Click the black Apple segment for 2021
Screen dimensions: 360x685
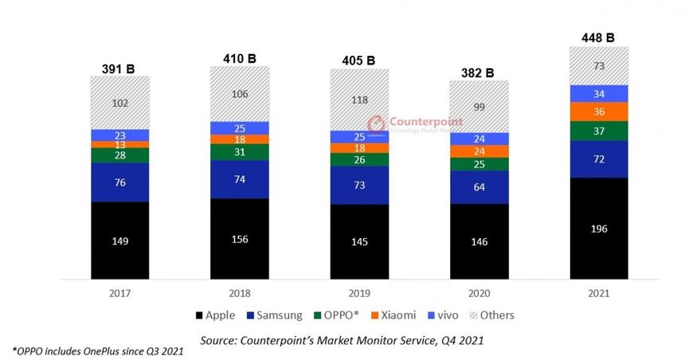[600, 229]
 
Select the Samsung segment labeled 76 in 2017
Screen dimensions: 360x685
[119, 182]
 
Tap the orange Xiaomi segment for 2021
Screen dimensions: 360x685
[600, 112]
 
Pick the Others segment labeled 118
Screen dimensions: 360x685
[360, 100]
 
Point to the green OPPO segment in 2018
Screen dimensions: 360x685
[240, 152]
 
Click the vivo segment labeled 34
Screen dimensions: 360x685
[600, 94]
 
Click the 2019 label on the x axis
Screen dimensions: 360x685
[360, 294]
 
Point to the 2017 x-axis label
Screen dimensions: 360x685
[119, 294]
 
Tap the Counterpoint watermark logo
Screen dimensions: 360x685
[418, 124]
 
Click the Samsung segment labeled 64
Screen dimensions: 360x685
[479, 188]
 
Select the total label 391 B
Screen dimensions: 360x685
[119, 68]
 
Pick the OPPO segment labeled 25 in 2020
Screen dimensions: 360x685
[479, 164]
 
